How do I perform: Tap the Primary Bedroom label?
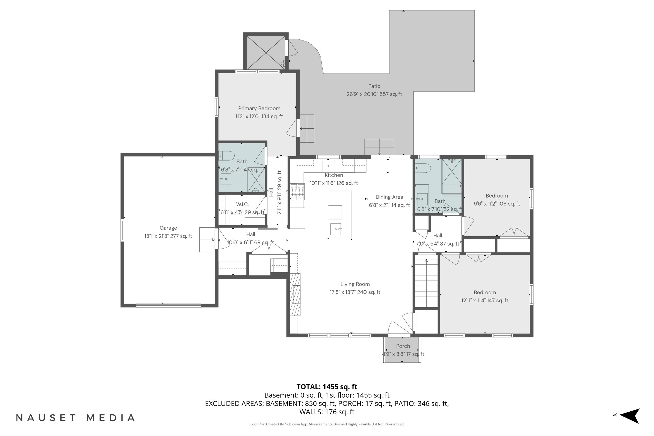click(259, 108)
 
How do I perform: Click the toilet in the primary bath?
click(226, 156)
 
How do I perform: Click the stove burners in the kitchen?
click(297, 192)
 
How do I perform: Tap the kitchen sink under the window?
click(328, 166)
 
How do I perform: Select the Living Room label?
click(355, 284)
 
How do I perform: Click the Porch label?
click(403, 346)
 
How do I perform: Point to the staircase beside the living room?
click(426, 283)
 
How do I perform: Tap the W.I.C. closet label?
click(242, 204)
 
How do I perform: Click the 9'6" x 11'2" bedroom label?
click(496, 196)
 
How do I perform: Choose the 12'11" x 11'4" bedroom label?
click(484, 293)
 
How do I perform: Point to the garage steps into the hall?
click(207, 240)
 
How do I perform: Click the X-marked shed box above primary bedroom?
click(266, 52)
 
